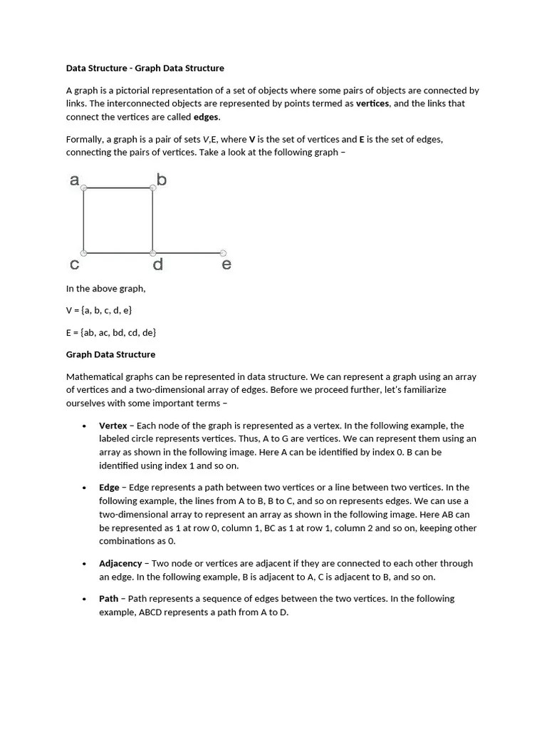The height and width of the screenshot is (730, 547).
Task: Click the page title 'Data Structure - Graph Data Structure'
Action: pos(145,68)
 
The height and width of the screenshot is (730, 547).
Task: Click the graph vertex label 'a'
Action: pos(74,180)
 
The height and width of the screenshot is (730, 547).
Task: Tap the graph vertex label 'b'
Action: pos(162,180)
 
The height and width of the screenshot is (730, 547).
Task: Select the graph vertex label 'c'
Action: pos(74,265)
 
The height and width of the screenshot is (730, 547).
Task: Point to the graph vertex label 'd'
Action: pos(158,265)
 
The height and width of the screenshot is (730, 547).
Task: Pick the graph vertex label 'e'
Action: pos(226,265)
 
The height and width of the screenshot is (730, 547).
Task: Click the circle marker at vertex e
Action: pos(223,253)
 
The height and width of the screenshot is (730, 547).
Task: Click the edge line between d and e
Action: pos(188,253)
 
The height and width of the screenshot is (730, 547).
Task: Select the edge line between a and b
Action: pos(118,188)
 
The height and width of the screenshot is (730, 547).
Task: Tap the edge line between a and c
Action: pos(84,221)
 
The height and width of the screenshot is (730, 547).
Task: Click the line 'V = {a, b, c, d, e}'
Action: pos(99,311)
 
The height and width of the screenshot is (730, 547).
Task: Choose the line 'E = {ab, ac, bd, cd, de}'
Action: pos(111,332)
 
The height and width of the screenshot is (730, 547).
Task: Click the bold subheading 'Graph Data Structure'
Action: pos(110,354)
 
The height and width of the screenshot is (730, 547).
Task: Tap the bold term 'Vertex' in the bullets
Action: pos(113,426)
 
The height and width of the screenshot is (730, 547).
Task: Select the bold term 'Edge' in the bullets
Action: pos(109,488)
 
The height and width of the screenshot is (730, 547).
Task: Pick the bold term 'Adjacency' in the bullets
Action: pos(120,563)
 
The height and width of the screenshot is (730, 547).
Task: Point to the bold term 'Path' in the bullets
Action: pos(108,599)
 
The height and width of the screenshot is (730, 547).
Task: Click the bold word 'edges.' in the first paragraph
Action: pos(207,117)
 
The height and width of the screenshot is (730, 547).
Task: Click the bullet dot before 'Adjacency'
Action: pos(85,564)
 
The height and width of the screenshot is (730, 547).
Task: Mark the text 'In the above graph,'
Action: pos(105,289)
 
